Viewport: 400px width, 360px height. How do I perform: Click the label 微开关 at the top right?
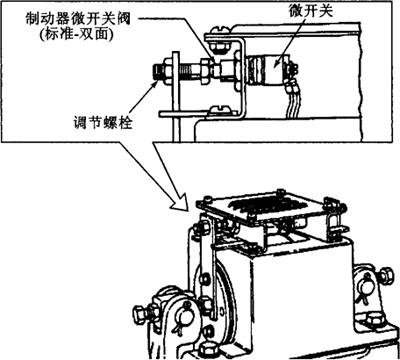(311, 11)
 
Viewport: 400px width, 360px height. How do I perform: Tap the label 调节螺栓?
(102, 123)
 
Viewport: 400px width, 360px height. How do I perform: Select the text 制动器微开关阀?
(78, 19)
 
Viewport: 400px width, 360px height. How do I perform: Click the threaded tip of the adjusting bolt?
(158, 71)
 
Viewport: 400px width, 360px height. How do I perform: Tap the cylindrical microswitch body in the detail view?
(267, 69)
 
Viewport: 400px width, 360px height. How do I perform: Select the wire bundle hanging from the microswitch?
(294, 97)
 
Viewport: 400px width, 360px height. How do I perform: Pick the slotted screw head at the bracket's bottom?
(219, 108)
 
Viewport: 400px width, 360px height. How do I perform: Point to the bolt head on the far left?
(140, 313)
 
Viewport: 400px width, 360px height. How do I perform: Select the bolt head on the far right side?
(386, 276)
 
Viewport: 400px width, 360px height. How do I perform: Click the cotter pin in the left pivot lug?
(180, 319)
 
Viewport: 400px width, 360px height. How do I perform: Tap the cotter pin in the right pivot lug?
(366, 289)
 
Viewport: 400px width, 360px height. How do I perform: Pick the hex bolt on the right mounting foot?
(375, 320)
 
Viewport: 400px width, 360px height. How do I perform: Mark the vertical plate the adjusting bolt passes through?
(176, 97)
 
